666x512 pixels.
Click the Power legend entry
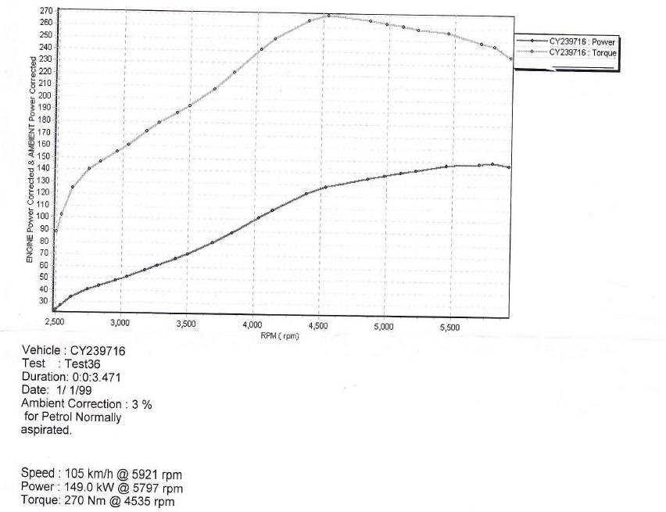[582, 41]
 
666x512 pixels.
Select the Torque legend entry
[582, 52]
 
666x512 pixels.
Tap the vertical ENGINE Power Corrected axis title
[30, 175]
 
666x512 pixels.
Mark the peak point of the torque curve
[329, 16]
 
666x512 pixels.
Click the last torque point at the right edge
[511, 59]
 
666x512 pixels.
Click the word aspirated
[46, 430]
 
